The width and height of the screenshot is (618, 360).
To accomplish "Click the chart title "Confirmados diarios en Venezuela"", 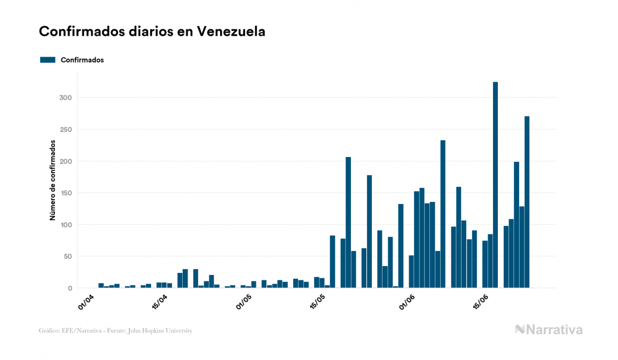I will (x=152, y=32).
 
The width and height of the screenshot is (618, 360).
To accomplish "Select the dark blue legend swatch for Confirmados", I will (x=48, y=60).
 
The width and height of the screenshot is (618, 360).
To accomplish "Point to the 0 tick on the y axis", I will (x=70, y=288).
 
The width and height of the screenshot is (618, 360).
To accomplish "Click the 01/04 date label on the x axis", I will (x=86, y=301).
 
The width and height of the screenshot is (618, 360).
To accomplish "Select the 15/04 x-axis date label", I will (x=159, y=301).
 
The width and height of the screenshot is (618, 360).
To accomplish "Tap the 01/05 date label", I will (x=244, y=301).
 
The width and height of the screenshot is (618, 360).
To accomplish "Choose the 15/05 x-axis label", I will (x=317, y=301).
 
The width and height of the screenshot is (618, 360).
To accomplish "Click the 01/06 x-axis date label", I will (x=407, y=301).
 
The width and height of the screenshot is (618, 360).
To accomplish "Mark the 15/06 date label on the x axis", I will (x=480, y=301).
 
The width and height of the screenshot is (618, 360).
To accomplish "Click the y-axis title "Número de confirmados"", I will (x=52, y=180).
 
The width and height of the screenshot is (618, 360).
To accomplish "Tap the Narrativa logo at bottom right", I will (x=549, y=330).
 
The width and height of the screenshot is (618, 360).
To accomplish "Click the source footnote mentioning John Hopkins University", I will (x=115, y=331).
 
